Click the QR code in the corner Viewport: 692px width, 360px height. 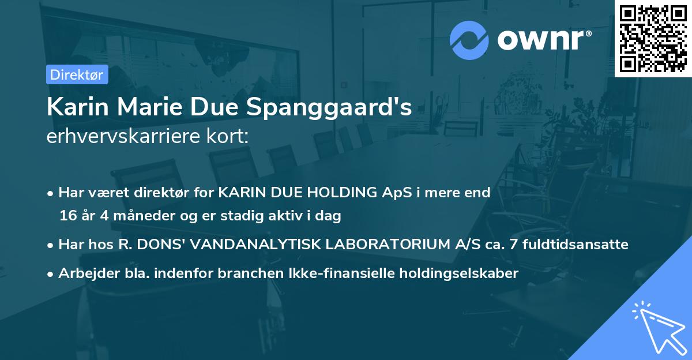[653, 39]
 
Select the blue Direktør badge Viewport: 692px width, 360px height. [77, 74]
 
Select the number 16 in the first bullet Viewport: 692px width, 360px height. [67, 216]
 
